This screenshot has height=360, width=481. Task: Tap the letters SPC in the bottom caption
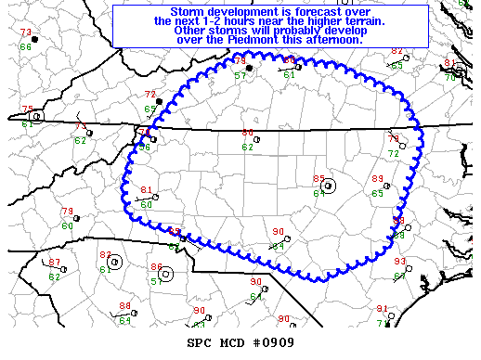200,343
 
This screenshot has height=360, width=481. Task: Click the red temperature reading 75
28,109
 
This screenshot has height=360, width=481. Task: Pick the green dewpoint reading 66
25,45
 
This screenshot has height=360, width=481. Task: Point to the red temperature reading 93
399,262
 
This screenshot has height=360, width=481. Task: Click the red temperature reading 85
318,178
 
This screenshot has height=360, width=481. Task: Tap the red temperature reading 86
156,266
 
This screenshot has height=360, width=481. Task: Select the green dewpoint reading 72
393,152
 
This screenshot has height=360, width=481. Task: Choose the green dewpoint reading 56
144,146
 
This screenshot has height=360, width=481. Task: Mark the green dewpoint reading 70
449,77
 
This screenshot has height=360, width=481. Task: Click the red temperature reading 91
381,308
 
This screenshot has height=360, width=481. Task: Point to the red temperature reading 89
377,179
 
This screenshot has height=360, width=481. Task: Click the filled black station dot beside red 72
160,101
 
